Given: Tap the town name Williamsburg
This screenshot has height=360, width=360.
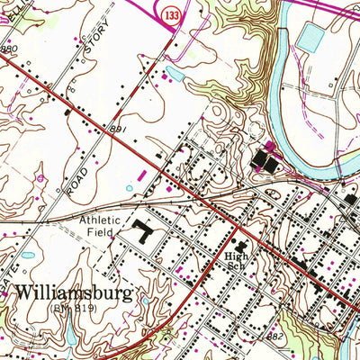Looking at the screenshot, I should click(x=76, y=293).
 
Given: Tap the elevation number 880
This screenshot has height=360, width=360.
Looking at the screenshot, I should click(x=8, y=49).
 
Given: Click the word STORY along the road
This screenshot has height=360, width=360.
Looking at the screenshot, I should click(x=94, y=42).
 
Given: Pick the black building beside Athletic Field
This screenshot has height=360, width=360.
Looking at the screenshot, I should click(x=143, y=233).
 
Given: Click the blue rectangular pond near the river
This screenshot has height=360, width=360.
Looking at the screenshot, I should click(x=309, y=37).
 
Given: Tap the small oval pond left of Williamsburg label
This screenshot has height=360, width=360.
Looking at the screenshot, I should click(x=28, y=256).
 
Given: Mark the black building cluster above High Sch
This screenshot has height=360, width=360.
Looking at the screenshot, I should click(x=239, y=244).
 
